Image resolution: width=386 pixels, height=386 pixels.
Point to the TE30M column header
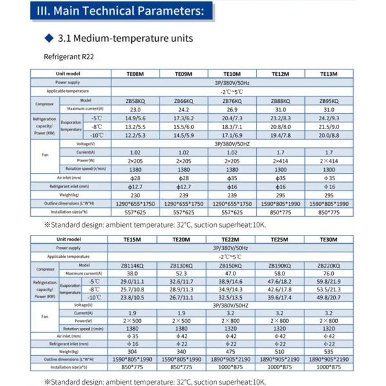(328, 239)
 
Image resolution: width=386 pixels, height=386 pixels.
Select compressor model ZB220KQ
(328, 265)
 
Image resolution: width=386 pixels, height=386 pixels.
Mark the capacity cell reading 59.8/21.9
(328, 281)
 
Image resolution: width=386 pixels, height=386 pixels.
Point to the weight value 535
(328, 351)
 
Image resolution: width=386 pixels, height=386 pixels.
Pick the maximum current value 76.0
(328, 273)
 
